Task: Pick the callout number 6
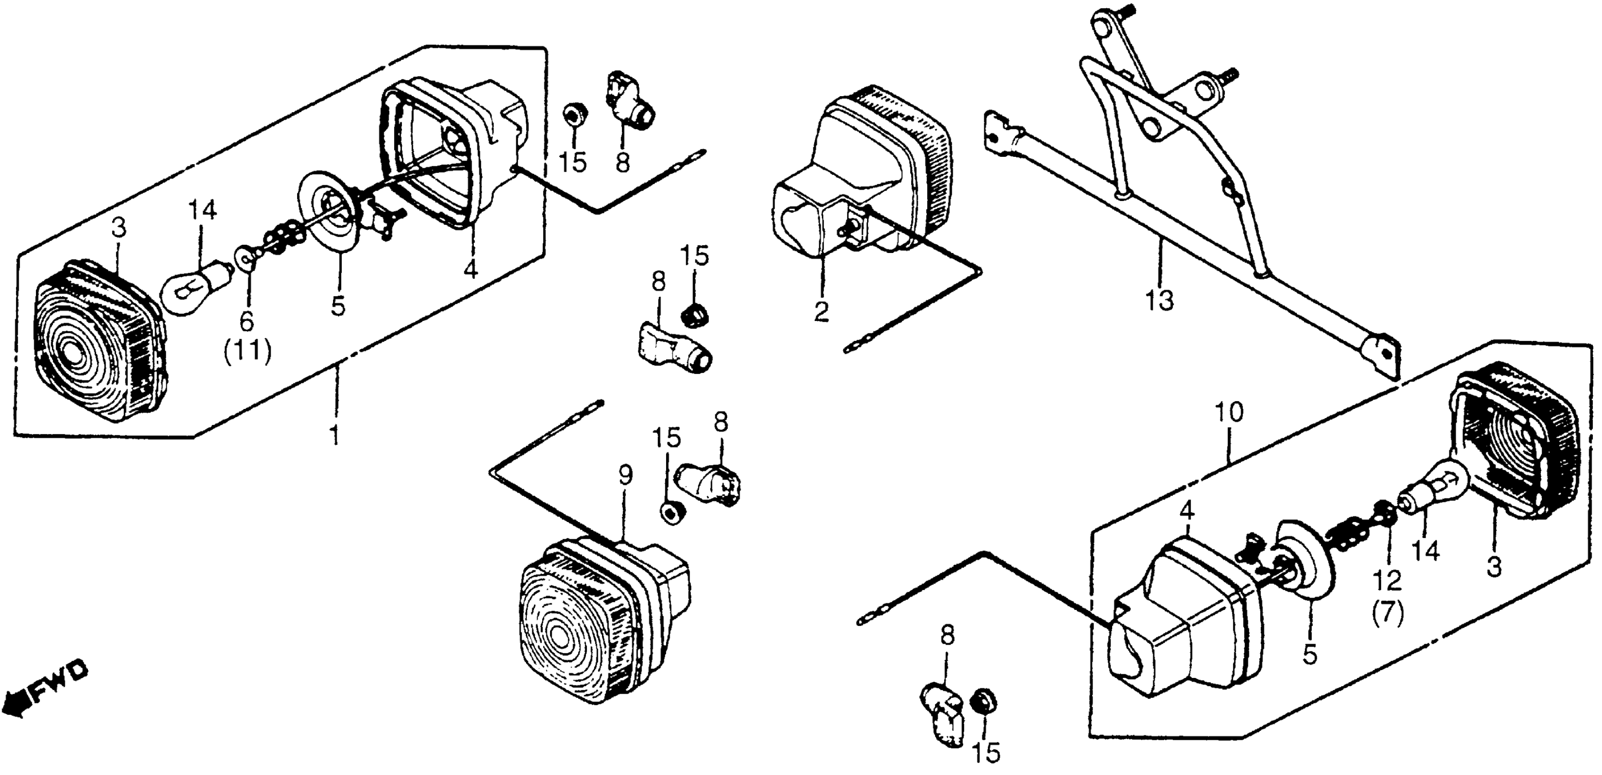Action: [x=247, y=321]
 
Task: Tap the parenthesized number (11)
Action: [x=247, y=353]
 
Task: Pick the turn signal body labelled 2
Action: [x=864, y=181]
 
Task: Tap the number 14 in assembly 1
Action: [x=203, y=211]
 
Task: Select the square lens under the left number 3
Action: [x=93, y=348]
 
